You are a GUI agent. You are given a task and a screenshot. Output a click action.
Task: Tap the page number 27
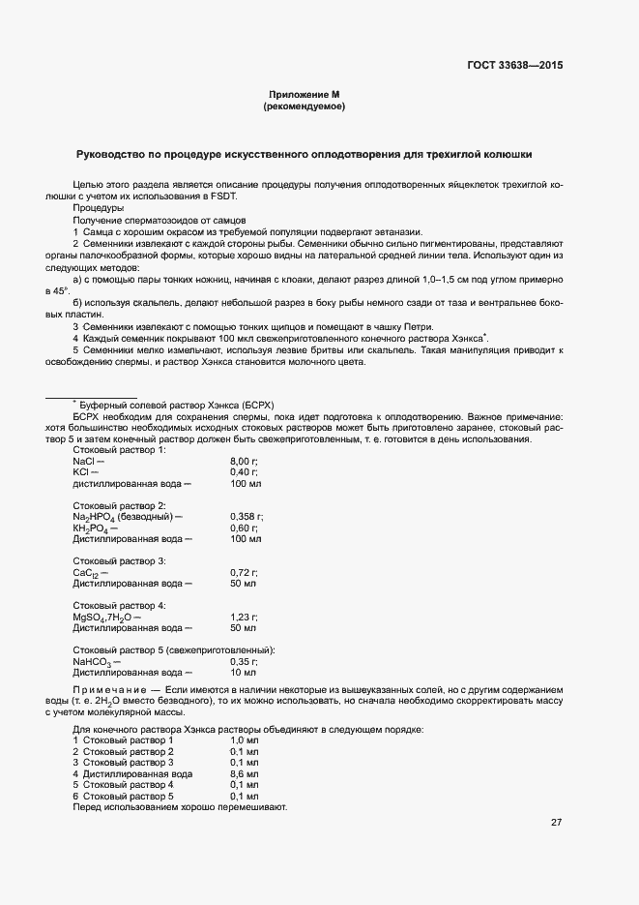(556, 823)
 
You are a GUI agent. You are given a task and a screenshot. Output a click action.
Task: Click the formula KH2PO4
(92, 528)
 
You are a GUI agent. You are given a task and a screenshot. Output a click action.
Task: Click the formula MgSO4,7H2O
(102, 618)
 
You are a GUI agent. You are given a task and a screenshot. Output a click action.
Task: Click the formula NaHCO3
(93, 662)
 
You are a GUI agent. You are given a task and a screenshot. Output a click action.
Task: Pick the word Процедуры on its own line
(99, 208)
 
